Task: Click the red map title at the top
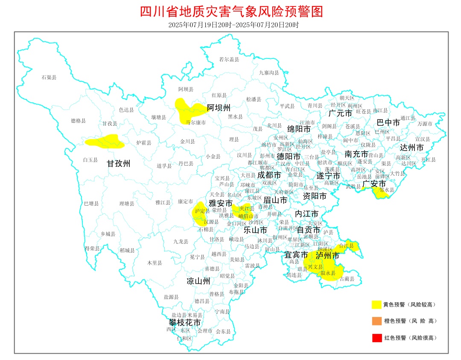pyautogui.click(x=231, y=11)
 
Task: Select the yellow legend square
pyautogui.click(x=376, y=304)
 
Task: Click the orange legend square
pyautogui.click(x=376, y=321)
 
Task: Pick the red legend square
pyautogui.click(x=376, y=338)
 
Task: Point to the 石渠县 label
pyautogui.click(x=49, y=77)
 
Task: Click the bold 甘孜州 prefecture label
pyautogui.click(x=118, y=163)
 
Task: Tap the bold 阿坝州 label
pyautogui.click(x=219, y=107)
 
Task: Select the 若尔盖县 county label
pyautogui.click(x=229, y=59)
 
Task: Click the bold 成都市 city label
pyautogui.click(x=269, y=175)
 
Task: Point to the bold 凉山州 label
pyautogui.click(x=198, y=281)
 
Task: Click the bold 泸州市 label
pyautogui.click(x=327, y=255)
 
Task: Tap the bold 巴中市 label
pyautogui.click(x=388, y=123)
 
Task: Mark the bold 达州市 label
pyautogui.click(x=411, y=148)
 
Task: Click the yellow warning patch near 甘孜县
pyautogui.click(x=105, y=142)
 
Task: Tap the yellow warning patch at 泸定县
pyautogui.click(x=200, y=215)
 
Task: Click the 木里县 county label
pyautogui.click(x=155, y=263)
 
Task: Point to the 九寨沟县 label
pyautogui.click(x=269, y=73)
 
